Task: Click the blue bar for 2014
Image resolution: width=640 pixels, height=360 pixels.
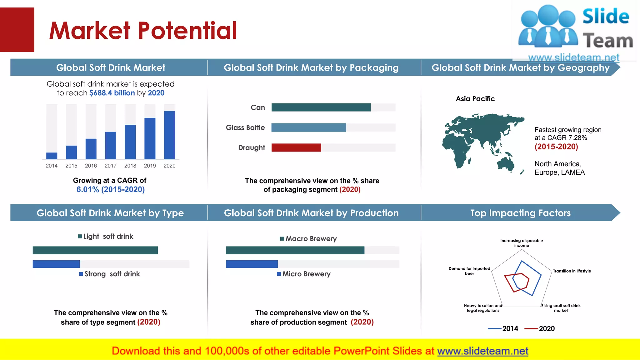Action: [x=52, y=156]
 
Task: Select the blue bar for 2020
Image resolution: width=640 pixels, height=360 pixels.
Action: [x=169, y=135]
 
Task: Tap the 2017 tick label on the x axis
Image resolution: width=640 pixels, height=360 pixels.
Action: [x=110, y=166]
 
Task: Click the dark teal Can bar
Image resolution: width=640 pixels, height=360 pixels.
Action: [x=321, y=107]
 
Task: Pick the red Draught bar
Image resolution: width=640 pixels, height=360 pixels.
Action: [x=296, y=147]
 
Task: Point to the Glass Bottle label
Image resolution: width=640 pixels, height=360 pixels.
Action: [x=245, y=127]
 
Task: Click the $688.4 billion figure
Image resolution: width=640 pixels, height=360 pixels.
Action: [x=112, y=93]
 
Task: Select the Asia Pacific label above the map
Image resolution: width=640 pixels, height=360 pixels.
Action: [x=475, y=99]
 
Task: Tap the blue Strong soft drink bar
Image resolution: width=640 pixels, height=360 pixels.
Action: [x=56, y=264]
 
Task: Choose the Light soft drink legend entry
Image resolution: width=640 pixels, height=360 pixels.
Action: [x=106, y=236]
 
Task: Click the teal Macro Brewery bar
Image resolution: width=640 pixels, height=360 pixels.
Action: [x=295, y=250]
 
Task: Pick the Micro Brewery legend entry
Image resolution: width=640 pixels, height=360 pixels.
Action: [x=304, y=274]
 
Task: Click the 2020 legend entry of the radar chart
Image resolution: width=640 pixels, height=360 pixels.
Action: [x=540, y=328]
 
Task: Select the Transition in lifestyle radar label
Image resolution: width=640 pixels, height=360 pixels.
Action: [x=572, y=271]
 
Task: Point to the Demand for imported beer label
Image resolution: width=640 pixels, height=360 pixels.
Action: [x=469, y=271]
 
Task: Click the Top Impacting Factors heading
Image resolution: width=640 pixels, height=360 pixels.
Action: [x=520, y=213]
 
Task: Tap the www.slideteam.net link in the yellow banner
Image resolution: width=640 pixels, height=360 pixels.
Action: [x=482, y=351]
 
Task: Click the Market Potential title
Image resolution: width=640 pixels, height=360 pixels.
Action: [x=143, y=30]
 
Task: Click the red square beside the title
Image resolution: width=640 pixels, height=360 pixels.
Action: [x=17, y=30]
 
